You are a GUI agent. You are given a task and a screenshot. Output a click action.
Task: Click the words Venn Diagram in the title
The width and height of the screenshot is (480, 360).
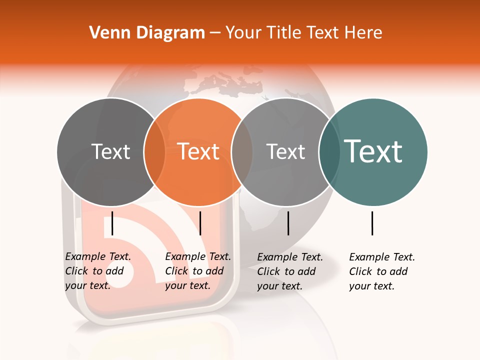[x=147, y=33]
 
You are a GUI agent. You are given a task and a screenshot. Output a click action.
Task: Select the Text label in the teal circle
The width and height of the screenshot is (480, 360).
[x=373, y=151]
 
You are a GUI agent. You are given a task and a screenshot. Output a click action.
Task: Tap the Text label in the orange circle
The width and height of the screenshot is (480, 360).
[x=198, y=151]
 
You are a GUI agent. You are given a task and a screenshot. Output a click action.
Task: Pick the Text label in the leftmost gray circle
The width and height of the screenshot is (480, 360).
[x=110, y=151]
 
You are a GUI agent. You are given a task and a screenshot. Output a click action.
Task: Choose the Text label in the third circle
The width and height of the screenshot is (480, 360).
[x=285, y=151]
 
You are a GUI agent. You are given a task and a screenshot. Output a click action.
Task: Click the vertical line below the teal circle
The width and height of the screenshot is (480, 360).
[x=372, y=223]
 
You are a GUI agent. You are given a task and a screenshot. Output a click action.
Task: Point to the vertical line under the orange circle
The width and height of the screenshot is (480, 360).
[x=200, y=223]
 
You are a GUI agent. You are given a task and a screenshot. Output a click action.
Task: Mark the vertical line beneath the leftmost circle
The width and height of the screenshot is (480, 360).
[x=112, y=223]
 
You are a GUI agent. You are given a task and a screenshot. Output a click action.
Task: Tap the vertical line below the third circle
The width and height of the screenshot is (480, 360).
[x=288, y=223]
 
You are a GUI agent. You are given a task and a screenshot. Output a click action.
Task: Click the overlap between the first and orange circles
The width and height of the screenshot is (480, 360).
[x=154, y=152]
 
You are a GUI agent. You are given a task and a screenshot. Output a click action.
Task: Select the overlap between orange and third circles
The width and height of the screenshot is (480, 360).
[x=242, y=152]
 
